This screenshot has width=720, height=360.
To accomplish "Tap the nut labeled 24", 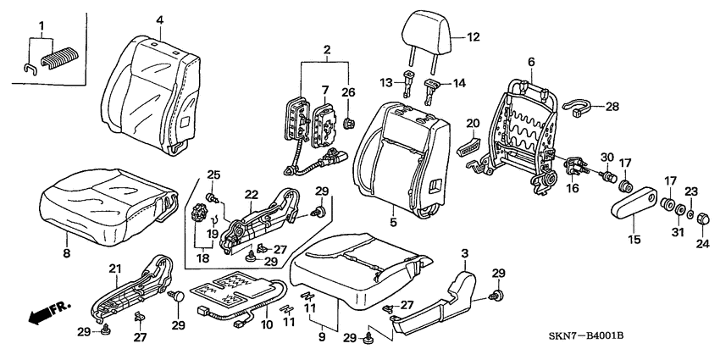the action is (703, 219).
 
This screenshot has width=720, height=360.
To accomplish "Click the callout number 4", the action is (159, 20).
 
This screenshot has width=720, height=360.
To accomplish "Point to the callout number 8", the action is (67, 253).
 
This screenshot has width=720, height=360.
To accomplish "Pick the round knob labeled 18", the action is (199, 214).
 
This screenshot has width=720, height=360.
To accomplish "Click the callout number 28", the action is (612, 107).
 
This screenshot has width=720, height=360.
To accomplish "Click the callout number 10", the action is (266, 324).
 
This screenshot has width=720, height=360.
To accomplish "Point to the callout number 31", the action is (678, 233).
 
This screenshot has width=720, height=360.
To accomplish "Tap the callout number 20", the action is (473, 123).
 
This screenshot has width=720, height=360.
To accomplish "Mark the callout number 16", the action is (573, 188).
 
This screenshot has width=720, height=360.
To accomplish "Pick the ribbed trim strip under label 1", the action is (59, 58).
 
